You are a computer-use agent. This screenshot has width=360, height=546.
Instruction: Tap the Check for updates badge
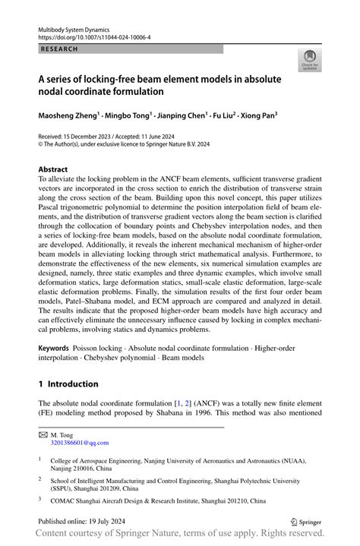(x=309, y=62)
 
